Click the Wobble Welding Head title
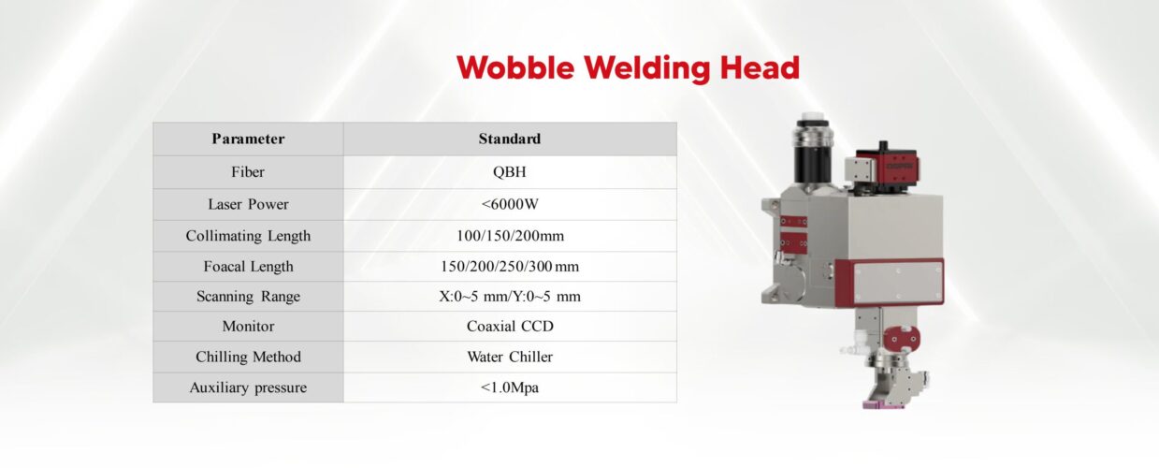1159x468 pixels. pyautogui.click(x=628, y=67)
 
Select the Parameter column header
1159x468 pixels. pyautogui.click(x=248, y=139)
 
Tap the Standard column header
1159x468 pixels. pyautogui.click(x=510, y=139)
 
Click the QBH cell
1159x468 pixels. pyautogui.click(x=510, y=172)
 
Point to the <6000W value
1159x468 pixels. pyautogui.click(x=510, y=204)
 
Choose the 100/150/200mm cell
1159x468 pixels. pyautogui.click(x=510, y=236)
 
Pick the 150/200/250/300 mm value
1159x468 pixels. pyautogui.click(x=510, y=267)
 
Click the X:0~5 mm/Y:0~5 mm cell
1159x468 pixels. pyautogui.click(x=510, y=297)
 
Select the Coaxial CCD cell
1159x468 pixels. pyautogui.click(x=510, y=326)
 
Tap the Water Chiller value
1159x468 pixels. pyautogui.click(x=510, y=357)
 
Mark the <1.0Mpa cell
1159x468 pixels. pyautogui.click(x=510, y=388)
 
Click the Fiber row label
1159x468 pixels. pyautogui.click(x=248, y=172)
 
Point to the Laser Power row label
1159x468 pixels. pyautogui.click(x=248, y=204)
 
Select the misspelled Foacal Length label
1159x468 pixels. pyautogui.click(x=248, y=267)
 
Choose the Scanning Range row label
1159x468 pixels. pyautogui.click(x=248, y=297)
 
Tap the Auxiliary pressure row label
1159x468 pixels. pyautogui.click(x=248, y=388)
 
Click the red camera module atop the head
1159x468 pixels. pyautogui.click(x=887, y=166)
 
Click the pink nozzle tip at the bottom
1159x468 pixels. pyautogui.click(x=883, y=403)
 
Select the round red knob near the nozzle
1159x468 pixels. pyautogui.click(x=902, y=339)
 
